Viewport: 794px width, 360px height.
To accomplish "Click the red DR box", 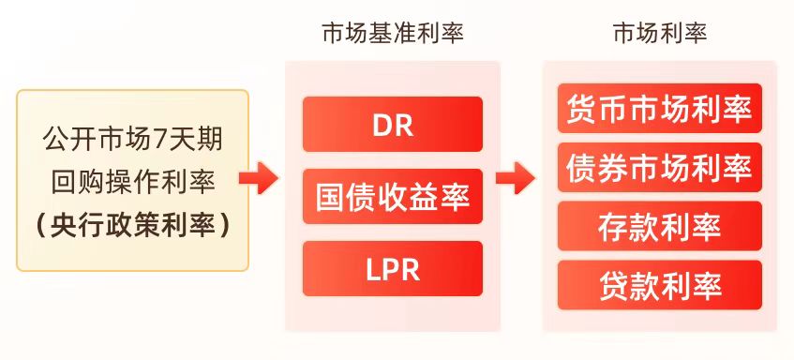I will click(392, 124).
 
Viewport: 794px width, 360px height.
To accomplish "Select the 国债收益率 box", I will click(392, 197).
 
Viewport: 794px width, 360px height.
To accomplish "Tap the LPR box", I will click(392, 269).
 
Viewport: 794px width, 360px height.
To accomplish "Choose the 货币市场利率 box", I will click(659, 109).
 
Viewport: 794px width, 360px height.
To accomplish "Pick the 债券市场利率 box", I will click(659, 168).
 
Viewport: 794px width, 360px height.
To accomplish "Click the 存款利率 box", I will click(659, 227).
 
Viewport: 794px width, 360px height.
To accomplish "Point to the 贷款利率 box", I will click(659, 286).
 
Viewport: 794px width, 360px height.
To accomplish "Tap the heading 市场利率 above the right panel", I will click(660, 35).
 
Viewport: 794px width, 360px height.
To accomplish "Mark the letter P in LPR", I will click(392, 269).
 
